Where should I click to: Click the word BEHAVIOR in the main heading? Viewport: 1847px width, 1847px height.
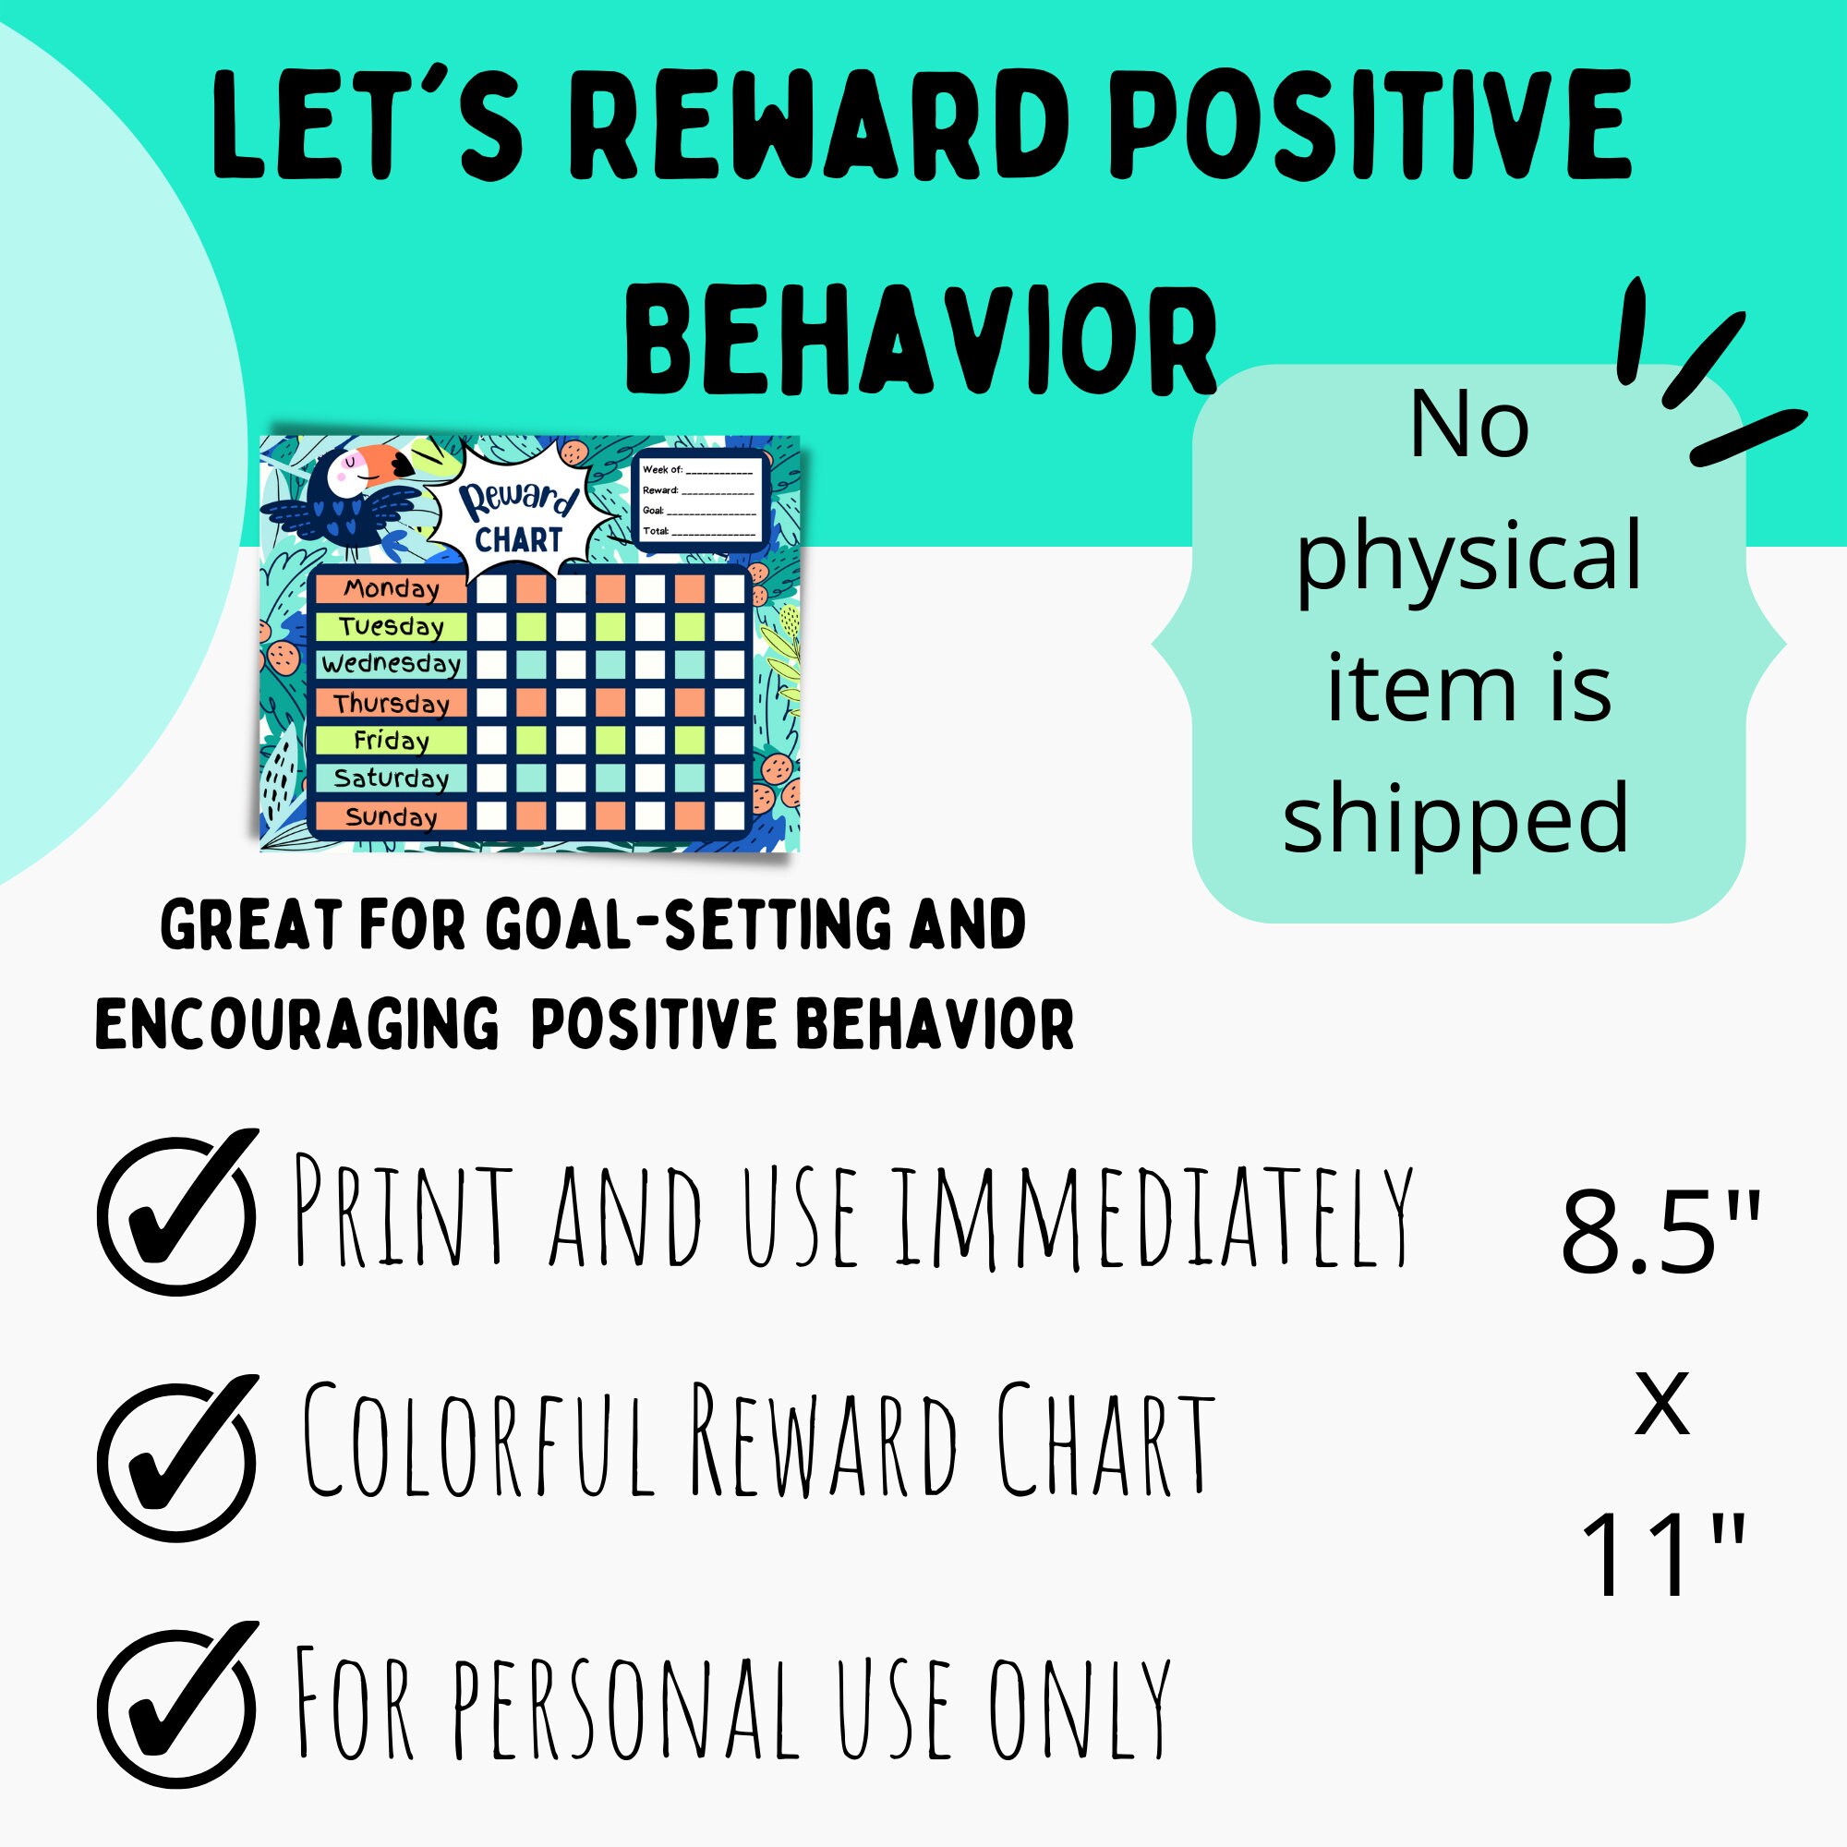pyautogui.click(x=921, y=342)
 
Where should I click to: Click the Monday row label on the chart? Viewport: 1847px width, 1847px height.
pyautogui.click(x=391, y=589)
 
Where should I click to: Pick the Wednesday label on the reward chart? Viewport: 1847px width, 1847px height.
pyautogui.click(x=391, y=663)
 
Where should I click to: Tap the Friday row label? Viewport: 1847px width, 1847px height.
pyautogui.click(x=391, y=741)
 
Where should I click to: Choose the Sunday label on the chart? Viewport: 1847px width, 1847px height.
pyautogui.click(x=391, y=817)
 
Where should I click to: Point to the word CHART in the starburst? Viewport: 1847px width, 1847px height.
pyautogui.click(x=518, y=540)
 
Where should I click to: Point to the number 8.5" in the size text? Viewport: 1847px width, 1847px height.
pyautogui.click(x=1660, y=1232)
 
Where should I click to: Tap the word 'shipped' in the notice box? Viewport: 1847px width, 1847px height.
pyautogui.click(x=1456, y=818)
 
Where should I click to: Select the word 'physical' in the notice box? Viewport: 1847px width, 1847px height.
pyautogui.click(x=1468, y=556)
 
